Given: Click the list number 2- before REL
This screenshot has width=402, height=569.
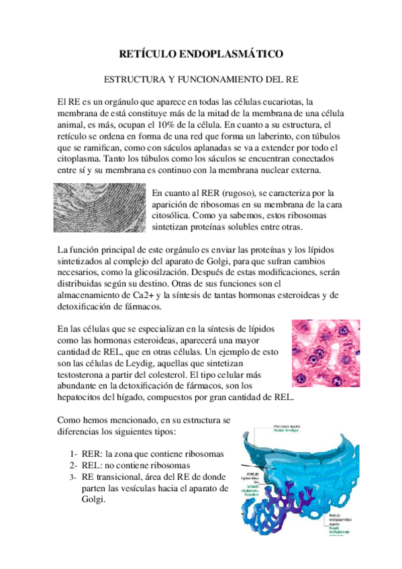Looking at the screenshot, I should coord(74,465).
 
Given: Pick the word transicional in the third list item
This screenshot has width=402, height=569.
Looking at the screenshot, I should coord(124,476).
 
